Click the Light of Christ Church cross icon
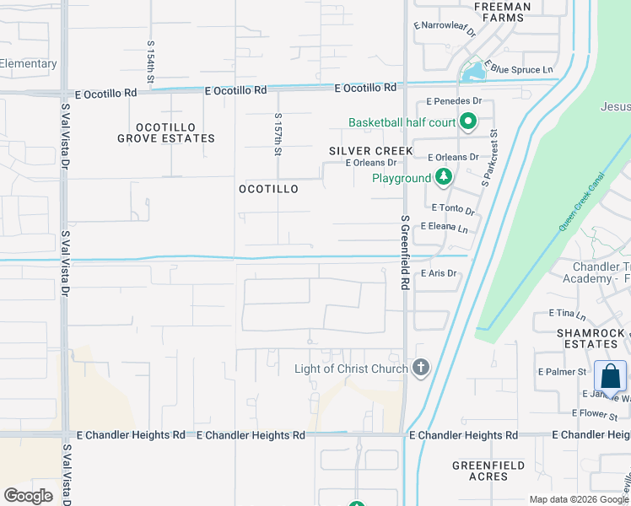coord(420,368)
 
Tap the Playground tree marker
coord(444,178)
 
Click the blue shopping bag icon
coord(610,376)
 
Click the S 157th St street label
coord(278,135)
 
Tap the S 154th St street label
coord(151,62)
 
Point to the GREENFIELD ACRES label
coord(488,471)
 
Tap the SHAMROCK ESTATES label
coord(591,338)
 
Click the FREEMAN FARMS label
coord(503,13)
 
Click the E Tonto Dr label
coord(453,208)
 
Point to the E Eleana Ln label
coord(449,227)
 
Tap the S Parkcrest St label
coord(488,158)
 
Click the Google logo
coord(29,496)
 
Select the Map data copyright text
coord(578,499)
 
